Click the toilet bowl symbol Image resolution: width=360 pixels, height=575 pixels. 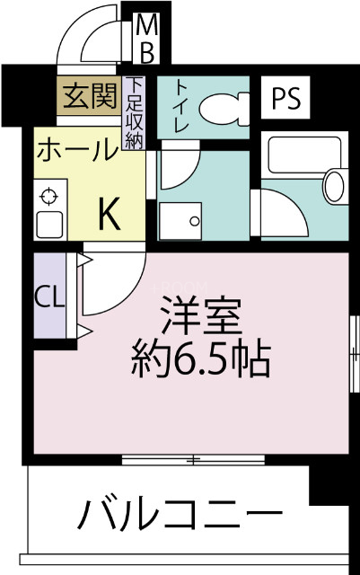coord(223,110)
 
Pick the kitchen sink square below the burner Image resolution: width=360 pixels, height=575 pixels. coord(48,224)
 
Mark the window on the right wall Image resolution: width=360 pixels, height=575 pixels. coord(353,356)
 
